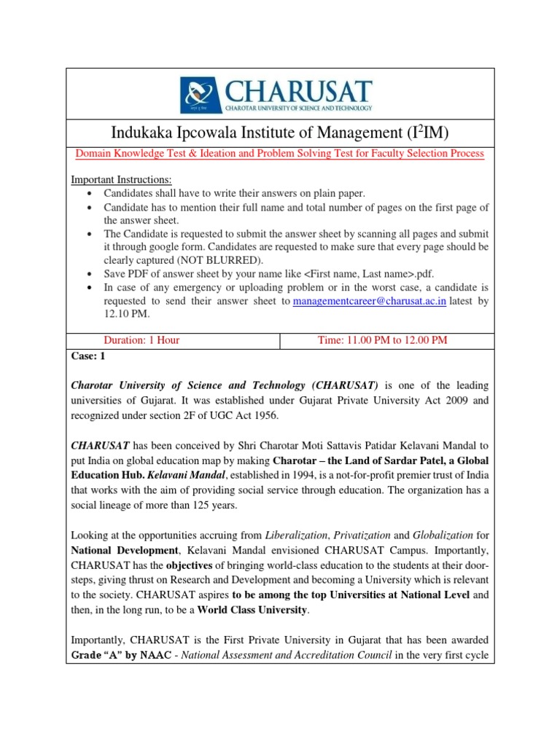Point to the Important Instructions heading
click(121, 180)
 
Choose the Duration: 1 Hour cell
click(141, 339)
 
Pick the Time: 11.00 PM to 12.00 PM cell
click(383, 339)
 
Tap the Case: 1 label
click(88, 356)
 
